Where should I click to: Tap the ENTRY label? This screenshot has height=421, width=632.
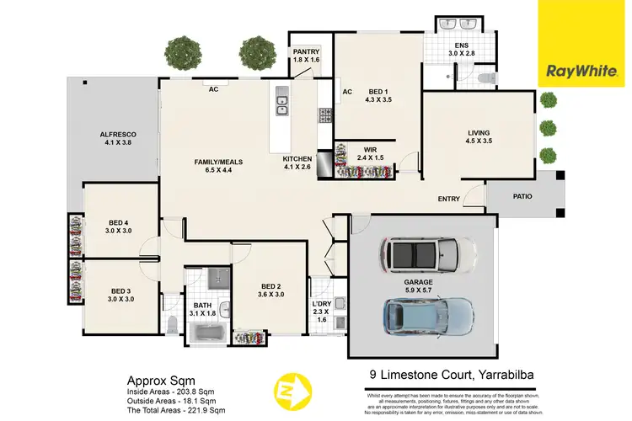(448, 199)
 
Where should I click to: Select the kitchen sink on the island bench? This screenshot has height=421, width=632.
(281, 105)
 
